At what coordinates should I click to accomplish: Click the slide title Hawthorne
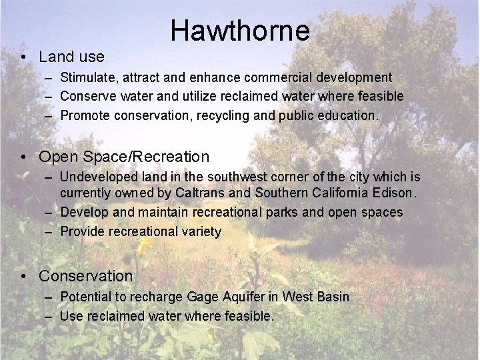pos(240,30)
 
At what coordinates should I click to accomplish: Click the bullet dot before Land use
pos(23,57)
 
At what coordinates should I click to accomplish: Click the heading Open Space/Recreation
pos(124,157)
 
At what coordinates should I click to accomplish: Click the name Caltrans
pos(203,194)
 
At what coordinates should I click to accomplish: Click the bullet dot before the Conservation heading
pos(23,275)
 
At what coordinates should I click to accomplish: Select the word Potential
pos(85,297)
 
